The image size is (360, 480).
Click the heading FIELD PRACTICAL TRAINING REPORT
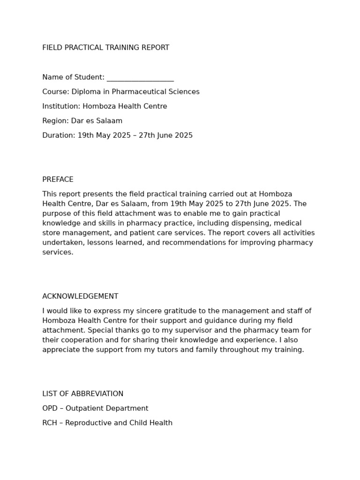(105, 48)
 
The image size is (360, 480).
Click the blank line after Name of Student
(140, 78)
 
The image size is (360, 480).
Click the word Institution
(61, 106)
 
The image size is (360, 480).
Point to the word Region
(55, 121)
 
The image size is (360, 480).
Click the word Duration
(59, 135)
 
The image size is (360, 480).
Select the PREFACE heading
(58, 180)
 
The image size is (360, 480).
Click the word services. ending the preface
(58, 252)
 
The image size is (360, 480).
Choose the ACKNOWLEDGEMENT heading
(80, 296)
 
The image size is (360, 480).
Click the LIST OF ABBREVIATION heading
(83, 394)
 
